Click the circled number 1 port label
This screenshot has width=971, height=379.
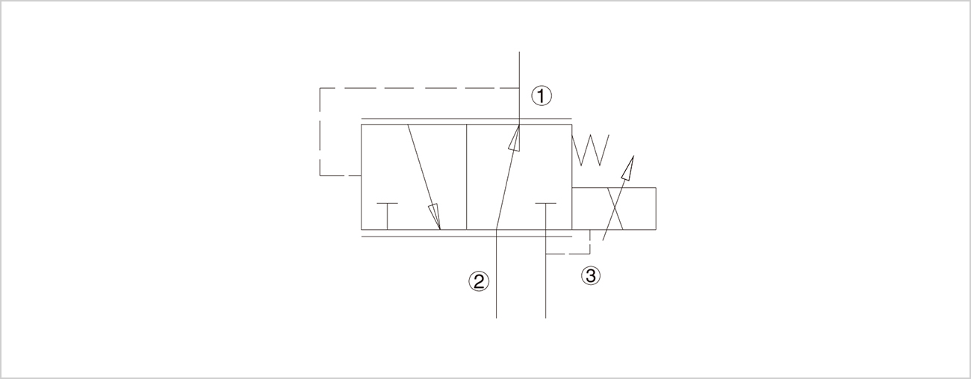click(x=542, y=96)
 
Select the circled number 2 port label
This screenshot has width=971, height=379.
click(x=479, y=281)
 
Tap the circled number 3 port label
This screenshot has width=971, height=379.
click(x=590, y=275)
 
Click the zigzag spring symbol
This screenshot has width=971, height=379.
click(x=590, y=150)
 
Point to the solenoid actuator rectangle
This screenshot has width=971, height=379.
click(x=614, y=208)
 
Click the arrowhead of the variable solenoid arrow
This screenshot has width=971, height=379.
click(x=627, y=167)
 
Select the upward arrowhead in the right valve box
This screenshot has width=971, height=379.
click(x=514, y=138)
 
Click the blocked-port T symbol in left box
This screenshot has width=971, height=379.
click(x=387, y=216)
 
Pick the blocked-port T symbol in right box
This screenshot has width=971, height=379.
click(x=546, y=216)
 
